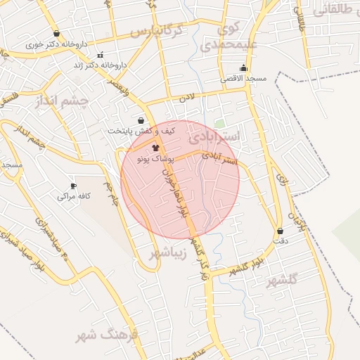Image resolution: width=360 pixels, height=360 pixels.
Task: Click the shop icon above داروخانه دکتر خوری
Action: click(x=56, y=34)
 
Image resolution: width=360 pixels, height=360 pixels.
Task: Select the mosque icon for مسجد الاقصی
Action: click(x=243, y=68)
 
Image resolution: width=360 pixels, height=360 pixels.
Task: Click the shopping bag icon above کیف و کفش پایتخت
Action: click(x=141, y=120)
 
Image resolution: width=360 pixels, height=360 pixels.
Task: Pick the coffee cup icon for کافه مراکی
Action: click(x=73, y=186)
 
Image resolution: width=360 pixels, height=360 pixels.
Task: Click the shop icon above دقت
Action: click(x=281, y=231)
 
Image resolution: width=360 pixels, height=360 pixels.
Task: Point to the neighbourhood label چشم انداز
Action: click(x=62, y=103)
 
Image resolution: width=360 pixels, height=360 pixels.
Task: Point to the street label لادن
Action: click(x=186, y=98)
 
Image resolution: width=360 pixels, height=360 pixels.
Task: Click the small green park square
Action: click(x=220, y=124)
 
